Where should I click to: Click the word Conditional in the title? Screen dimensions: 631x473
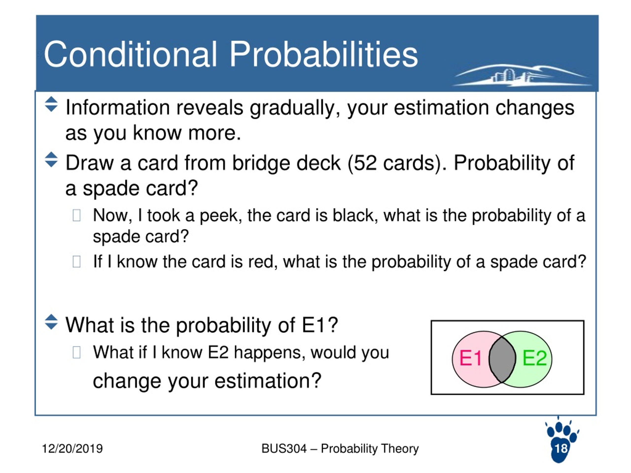coord(130,54)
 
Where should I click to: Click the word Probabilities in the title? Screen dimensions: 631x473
coord(323,54)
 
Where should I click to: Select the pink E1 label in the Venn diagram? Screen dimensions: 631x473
coord(470,358)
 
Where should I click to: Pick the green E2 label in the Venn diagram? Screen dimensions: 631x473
coord(534,358)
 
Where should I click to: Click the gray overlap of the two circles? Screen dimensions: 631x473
coord(502,359)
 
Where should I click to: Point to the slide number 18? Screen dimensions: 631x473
coord(561,448)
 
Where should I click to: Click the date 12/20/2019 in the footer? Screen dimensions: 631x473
coord(72,448)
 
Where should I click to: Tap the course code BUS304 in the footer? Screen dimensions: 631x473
coord(284,448)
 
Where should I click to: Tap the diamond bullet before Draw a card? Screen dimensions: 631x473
coord(51,159)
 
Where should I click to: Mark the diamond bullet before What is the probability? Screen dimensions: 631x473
coord(51,322)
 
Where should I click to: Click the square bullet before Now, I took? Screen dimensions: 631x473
coord(76,215)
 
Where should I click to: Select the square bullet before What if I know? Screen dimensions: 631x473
coord(76,352)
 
